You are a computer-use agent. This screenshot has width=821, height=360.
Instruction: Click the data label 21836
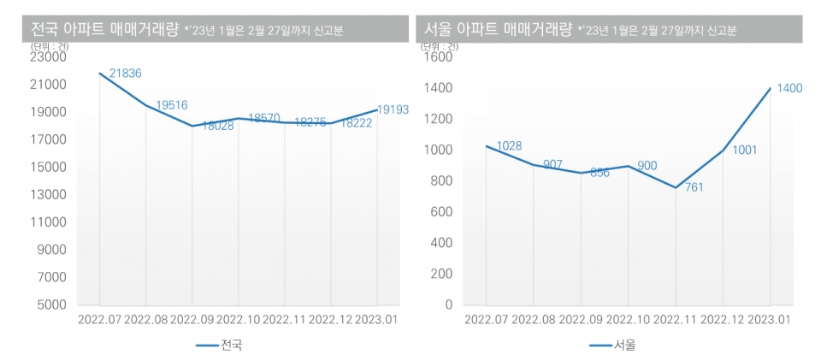tap(125, 74)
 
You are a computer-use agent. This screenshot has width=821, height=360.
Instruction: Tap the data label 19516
tap(171, 105)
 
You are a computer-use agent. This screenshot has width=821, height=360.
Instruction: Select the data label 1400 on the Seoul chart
tap(789, 88)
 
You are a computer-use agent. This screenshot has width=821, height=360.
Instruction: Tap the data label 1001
tap(745, 150)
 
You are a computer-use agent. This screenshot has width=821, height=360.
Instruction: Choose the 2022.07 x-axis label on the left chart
tap(100, 320)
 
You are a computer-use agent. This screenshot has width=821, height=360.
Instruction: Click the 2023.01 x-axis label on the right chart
tap(770, 320)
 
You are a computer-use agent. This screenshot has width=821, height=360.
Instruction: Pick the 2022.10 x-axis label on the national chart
tap(239, 320)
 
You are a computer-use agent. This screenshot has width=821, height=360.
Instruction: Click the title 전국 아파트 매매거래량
tap(104, 29)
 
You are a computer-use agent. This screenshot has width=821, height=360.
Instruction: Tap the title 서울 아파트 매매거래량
tap(499, 29)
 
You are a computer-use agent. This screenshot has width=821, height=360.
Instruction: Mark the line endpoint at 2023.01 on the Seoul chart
tap(771, 88)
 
